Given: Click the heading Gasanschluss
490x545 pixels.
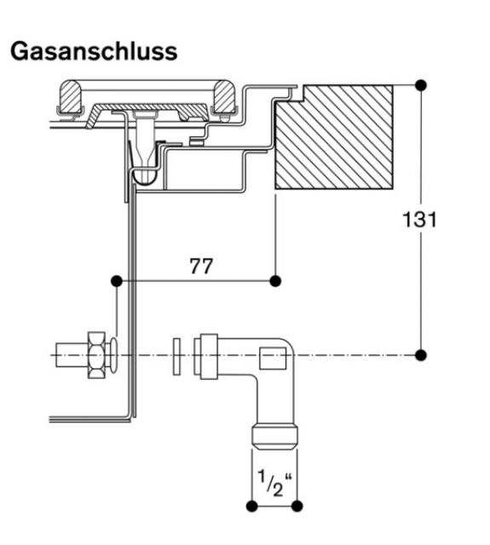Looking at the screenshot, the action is point(94,52).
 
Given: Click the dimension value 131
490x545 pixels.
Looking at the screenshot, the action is point(419,220).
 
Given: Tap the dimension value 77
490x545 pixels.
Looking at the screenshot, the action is point(201,267).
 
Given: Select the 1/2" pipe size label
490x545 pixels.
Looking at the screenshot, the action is point(274,483).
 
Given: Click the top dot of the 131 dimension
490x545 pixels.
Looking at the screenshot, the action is point(421,85).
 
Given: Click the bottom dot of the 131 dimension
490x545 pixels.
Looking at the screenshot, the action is point(421,355).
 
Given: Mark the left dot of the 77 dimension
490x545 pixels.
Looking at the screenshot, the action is point(117,281).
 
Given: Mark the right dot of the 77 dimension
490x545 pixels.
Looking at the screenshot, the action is point(275,281).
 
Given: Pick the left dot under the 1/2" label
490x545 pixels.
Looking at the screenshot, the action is point(251,507).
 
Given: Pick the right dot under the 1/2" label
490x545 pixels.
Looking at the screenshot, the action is point(297,507).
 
